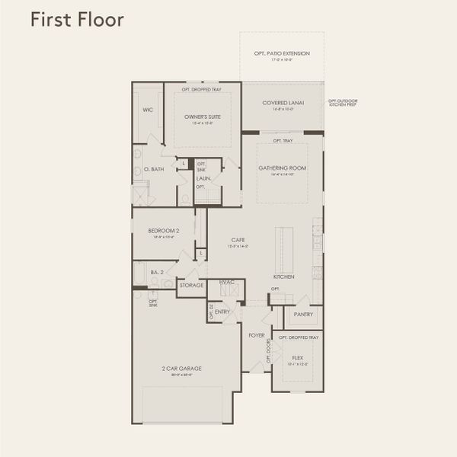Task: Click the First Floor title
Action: [77, 20]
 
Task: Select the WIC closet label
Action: [148, 110]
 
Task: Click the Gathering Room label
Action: [283, 168]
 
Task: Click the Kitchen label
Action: [284, 276]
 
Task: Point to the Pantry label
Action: [304, 312]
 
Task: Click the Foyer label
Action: [256, 334]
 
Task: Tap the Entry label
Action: [222, 312]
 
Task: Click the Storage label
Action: [192, 286]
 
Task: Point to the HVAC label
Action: [226, 283]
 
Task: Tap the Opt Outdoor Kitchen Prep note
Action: [343, 102]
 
